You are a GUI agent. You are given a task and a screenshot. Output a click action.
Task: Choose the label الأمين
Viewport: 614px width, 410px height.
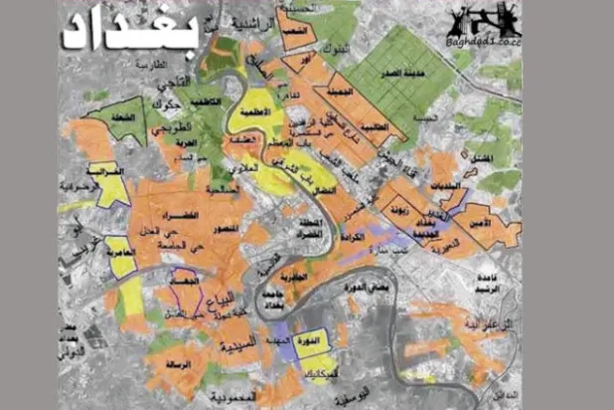pyautogui.click(x=483, y=224)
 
